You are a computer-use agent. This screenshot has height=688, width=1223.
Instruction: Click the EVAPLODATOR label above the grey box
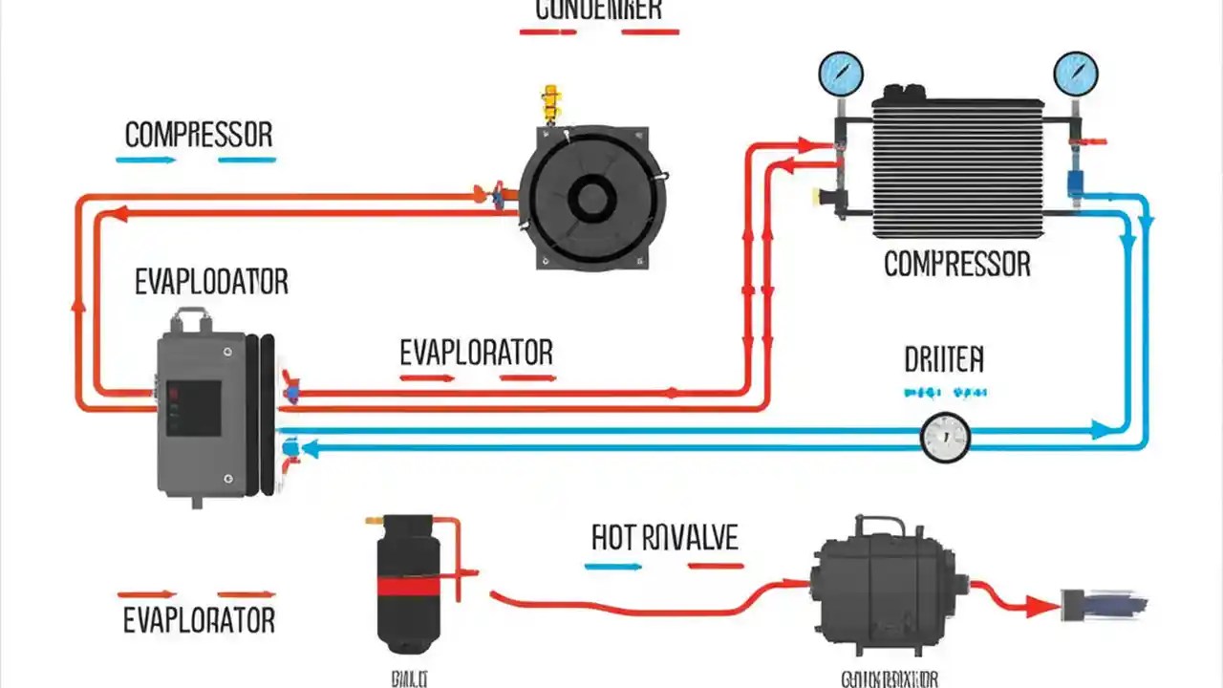pyautogui.click(x=211, y=282)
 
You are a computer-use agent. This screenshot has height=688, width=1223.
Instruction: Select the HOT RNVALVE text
pyautogui.click(x=665, y=537)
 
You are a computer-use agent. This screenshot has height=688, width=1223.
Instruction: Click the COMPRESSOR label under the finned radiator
pyautogui.click(x=957, y=264)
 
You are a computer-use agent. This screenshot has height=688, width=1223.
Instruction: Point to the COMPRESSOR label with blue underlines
pyautogui.click(x=199, y=135)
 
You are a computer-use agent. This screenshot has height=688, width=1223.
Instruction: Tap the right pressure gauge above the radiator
pyautogui.click(x=1076, y=73)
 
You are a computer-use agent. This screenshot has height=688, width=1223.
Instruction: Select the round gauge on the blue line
pyautogui.click(x=945, y=437)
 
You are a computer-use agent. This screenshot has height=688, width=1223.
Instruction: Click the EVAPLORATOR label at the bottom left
pyautogui.click(x=199, y=620)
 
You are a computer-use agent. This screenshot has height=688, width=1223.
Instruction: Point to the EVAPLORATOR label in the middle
pyautogui.click(x=476, y=353)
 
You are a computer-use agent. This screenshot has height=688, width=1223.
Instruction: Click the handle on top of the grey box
pyautogui.click(x=192, y=319)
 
